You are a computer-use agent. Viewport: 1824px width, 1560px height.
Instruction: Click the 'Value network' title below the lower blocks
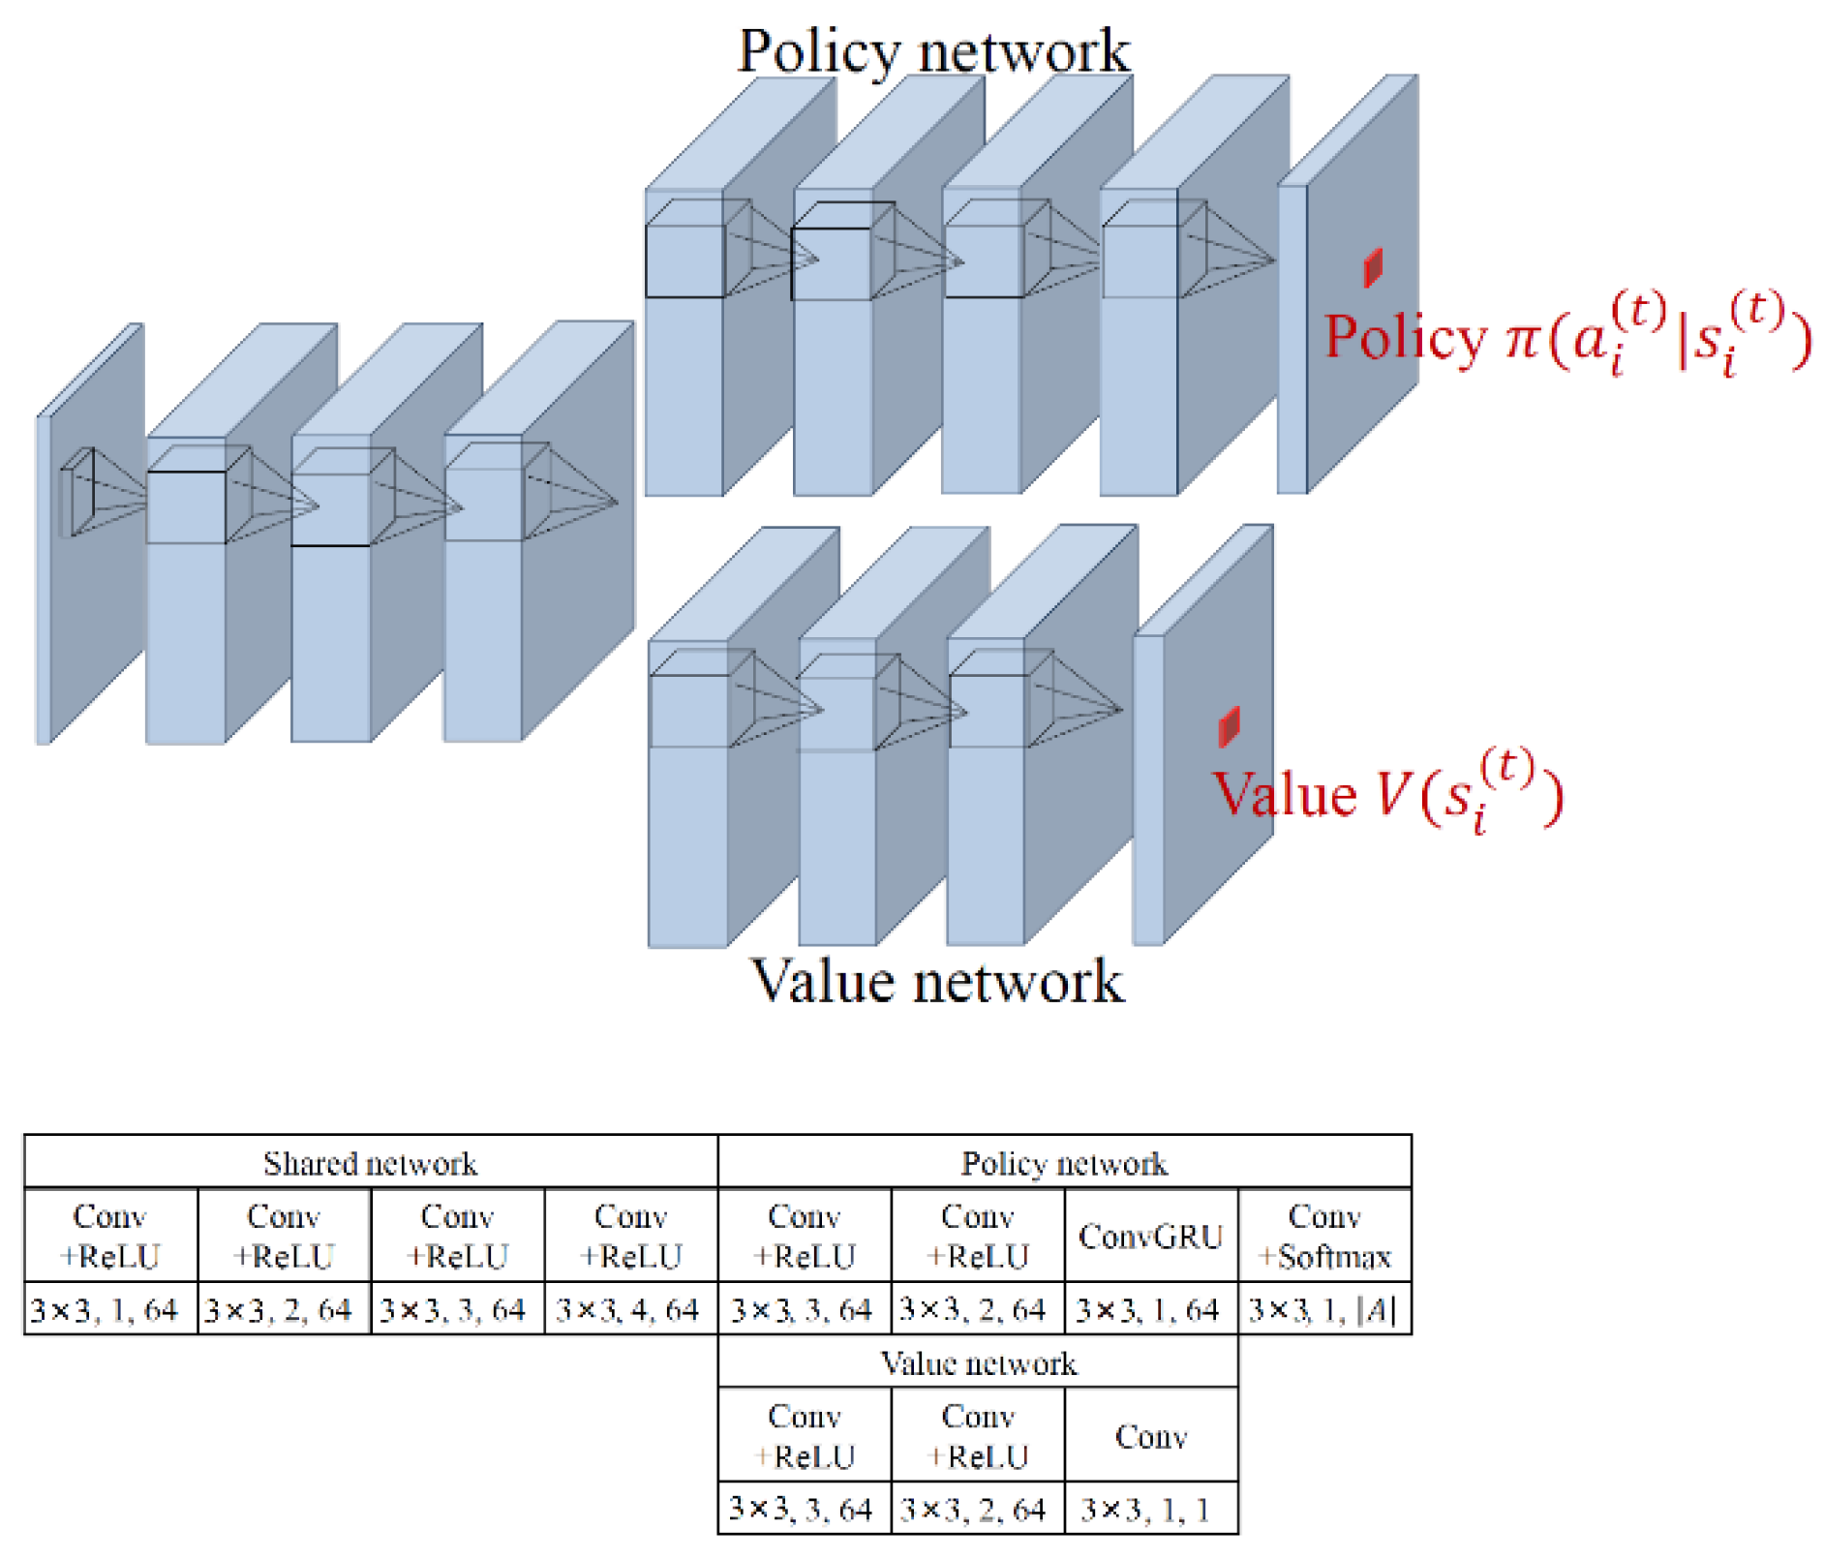pyautogui.click(x=936, y=980)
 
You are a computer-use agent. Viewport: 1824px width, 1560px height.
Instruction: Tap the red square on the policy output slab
pyautogui.click(x=1372, y=268)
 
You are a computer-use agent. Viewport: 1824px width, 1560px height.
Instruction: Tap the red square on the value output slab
pyautogui.click(x=1228, y=726)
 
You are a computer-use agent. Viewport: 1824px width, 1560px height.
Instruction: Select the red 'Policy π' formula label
pyautogui.click(x=1566, y=336)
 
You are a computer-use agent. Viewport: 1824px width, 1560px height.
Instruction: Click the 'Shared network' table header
pyautogui.click(x=370, y=1162)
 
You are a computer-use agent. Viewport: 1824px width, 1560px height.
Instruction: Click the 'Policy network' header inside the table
pyautogui.click(x=1063, y=1162)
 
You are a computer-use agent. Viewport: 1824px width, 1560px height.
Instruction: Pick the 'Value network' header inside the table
pyautogui.click(x=977, y=1362)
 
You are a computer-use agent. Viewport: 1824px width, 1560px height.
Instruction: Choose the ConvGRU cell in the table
pyautogui.click(x=1150, y=1236)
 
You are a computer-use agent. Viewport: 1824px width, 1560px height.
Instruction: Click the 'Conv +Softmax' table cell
pyautogui.click(x=1323, y=1236)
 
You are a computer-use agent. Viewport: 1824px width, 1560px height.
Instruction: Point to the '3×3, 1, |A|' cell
pyautogui.click(x=1323, y=1309)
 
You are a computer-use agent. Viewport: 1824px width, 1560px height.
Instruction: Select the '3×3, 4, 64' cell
pyautogui.click(x=629, y=1309)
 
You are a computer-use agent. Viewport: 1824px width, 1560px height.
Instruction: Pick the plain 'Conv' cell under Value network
pyautogui.click(x=1150, y=1435)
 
